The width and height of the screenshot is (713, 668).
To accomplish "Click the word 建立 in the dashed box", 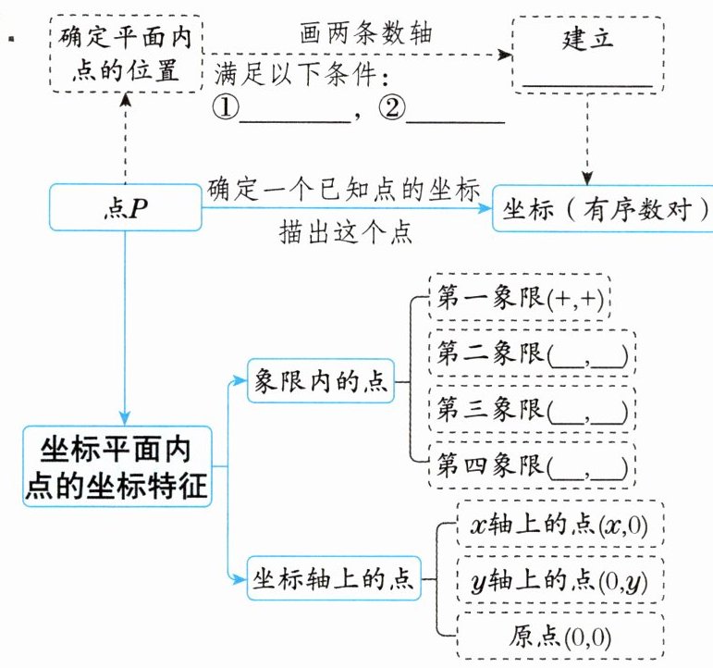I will pos(587,41).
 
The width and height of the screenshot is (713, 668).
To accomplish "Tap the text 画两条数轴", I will pos(367,33).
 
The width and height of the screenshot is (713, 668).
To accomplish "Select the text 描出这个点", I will pos(345,233).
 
